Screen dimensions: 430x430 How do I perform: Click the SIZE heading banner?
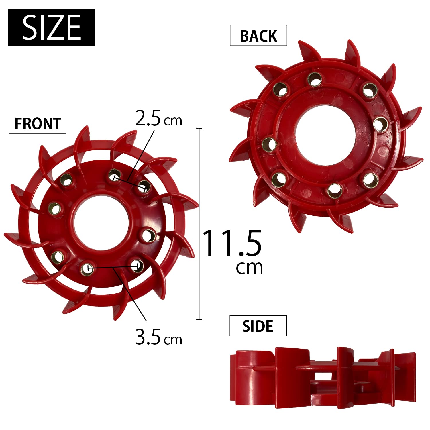(52, 28)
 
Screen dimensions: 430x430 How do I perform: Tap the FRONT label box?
(38, 123)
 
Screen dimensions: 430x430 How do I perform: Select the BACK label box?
(258, 36)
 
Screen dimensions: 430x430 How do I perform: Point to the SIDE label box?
(258, 326)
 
